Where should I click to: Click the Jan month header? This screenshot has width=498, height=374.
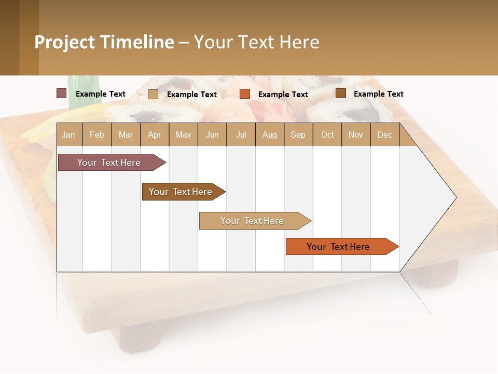click(x=69, y=135)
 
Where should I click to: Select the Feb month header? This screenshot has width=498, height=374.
click(x=97, y=135)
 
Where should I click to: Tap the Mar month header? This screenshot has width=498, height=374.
click(x=126, y=135)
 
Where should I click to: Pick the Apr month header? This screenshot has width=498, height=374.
click(x=154, y=135)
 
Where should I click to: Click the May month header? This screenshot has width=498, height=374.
click(x=183, y=135)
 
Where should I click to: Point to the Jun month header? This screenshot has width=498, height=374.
click(x=212, y=135)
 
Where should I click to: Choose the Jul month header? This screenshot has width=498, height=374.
click(x=241, y=135)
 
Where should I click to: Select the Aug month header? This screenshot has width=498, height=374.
click(x=269, y=135)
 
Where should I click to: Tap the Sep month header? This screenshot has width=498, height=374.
click(x=298, y=135)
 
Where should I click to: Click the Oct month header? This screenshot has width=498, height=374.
click(x=327, y=135)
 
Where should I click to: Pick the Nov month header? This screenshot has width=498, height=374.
click(x=356, y=135)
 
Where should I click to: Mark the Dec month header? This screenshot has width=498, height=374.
click(x=384, y=135)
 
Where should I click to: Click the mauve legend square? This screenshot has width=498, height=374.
click(x=61, y=94)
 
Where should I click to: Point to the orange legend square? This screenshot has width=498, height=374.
click(x=245, y=94)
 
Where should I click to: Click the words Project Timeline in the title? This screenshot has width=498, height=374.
click(x=104, y=42)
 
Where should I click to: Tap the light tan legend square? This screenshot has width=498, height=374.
click(x=153, y=94)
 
